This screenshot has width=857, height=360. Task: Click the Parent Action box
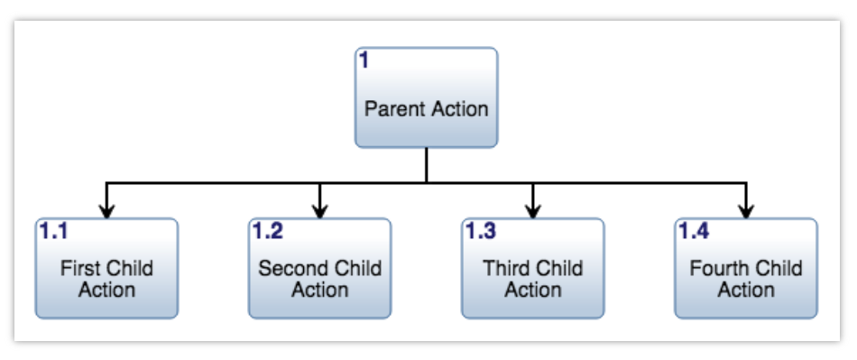click(426, 97)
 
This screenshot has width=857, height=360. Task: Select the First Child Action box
click(106, 268)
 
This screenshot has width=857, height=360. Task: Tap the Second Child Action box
click(319, 268)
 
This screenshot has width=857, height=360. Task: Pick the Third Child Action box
click(532, 268)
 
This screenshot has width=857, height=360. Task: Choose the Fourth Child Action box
click(745, 268)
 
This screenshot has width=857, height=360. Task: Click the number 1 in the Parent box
click(364, 61)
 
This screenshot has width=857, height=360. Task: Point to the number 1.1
click(53, 231)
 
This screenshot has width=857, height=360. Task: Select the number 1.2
click(267, 231)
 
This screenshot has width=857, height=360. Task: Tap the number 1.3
click(480, 231)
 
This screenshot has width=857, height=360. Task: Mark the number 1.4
click(693, 231)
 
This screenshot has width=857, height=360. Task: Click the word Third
click(505, 268)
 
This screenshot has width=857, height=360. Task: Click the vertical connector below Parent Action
click(426, 165)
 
